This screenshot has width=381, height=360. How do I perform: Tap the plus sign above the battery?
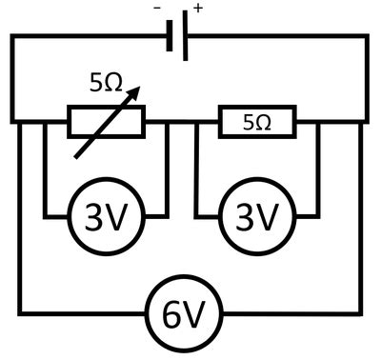[x=198, y=8]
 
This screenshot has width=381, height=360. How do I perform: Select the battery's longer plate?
[x=185, y=38]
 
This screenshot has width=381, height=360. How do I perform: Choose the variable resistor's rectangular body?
[x=106, y=121]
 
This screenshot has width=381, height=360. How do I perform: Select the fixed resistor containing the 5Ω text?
[x=257, y=122]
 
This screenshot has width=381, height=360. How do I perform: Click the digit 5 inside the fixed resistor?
[x=249, y=123]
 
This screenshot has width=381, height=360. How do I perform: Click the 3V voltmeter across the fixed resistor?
[x=257, y=219]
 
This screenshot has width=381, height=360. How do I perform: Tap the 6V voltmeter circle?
[x=182, y=315]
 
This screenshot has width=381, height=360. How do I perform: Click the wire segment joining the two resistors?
[x=182, y=122]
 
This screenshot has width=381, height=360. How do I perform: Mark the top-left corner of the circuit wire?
[x=11, y=37]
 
